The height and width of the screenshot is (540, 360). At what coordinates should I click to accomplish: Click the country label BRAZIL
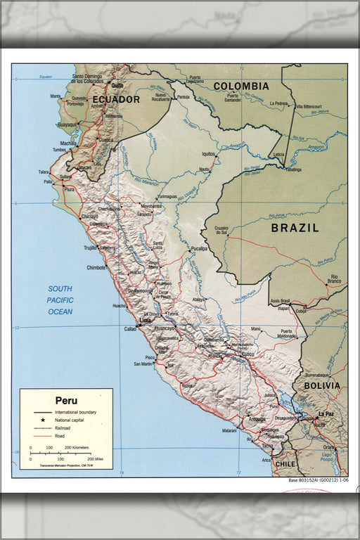[295, 228]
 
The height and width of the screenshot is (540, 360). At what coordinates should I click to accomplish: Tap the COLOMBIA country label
[241, 86]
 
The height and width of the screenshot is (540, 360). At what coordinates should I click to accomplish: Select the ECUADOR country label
[116, 100]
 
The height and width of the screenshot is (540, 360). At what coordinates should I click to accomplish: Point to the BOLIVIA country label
[321, 385]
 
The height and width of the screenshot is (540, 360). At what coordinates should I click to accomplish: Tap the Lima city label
[146, 321]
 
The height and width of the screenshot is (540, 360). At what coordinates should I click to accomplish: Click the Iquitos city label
[208, 153]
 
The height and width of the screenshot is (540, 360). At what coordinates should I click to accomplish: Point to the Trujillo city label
[91, 247]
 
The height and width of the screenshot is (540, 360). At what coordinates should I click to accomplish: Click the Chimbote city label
[96, 268]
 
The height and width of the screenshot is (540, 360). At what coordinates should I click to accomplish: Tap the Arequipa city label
[256, 419]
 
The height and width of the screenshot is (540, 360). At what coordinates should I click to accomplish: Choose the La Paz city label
[325, 414]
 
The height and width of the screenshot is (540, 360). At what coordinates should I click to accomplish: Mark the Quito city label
[117, 85]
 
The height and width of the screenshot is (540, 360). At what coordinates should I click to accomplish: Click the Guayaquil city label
[67, 124]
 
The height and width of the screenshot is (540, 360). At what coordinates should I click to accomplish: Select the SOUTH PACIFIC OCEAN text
[60, 300]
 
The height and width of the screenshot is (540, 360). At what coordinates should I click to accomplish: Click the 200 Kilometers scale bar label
[77, 447]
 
